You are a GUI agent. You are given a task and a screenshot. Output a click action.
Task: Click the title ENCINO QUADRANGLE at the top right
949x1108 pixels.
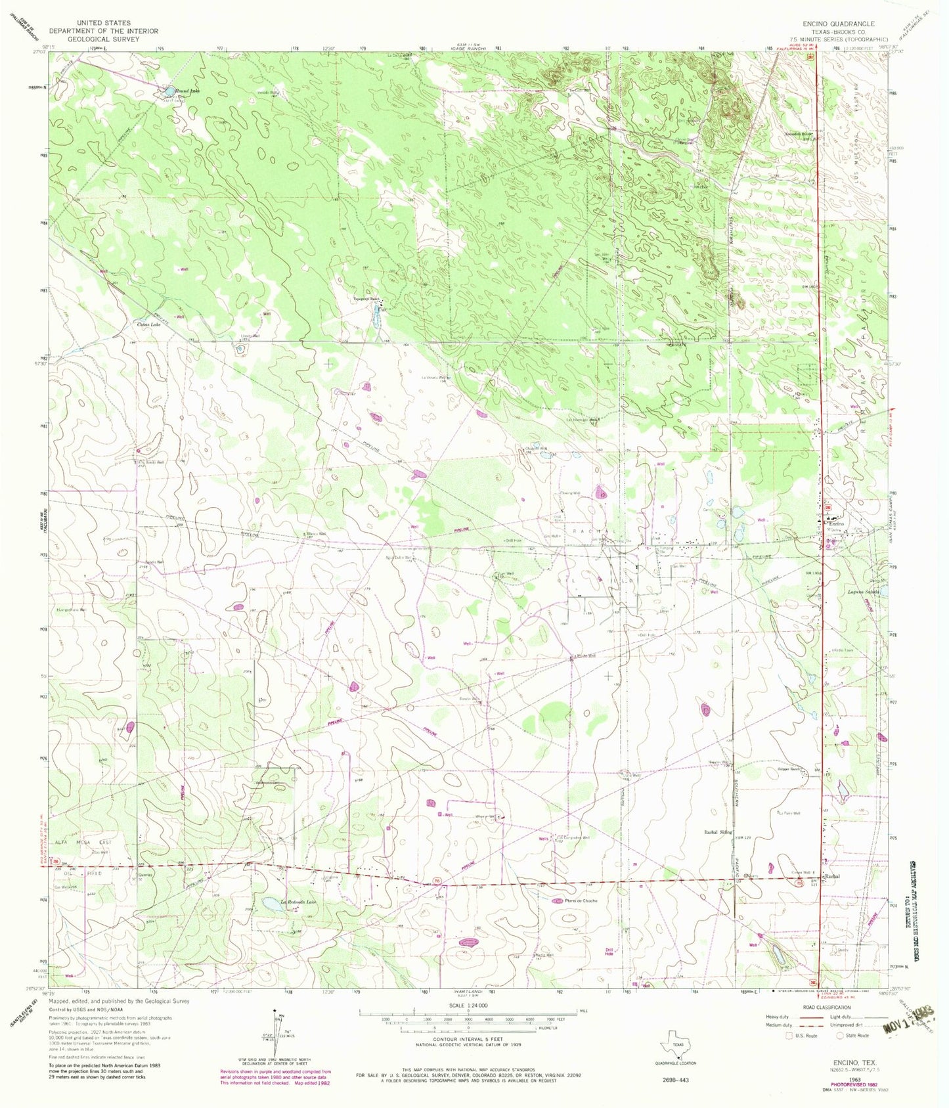(x=833, y=23)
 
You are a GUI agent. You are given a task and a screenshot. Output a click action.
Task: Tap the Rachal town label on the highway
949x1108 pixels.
(x=832, y=876)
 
